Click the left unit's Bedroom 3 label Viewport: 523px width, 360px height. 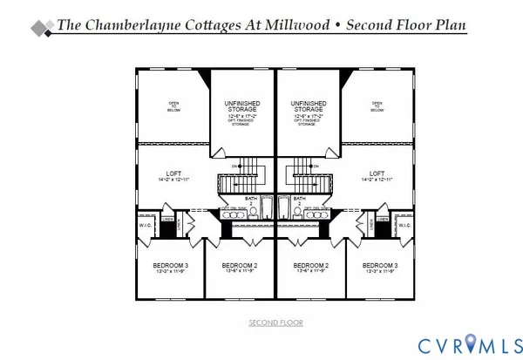(x=168, y=265)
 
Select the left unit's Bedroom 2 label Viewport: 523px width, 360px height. (x=239, y=265)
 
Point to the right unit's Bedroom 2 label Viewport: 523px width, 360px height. (x=311, y=265)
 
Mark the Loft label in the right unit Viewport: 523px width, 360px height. (x=377, y=175)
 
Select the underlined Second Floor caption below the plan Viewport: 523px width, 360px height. (x=275, y=323)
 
